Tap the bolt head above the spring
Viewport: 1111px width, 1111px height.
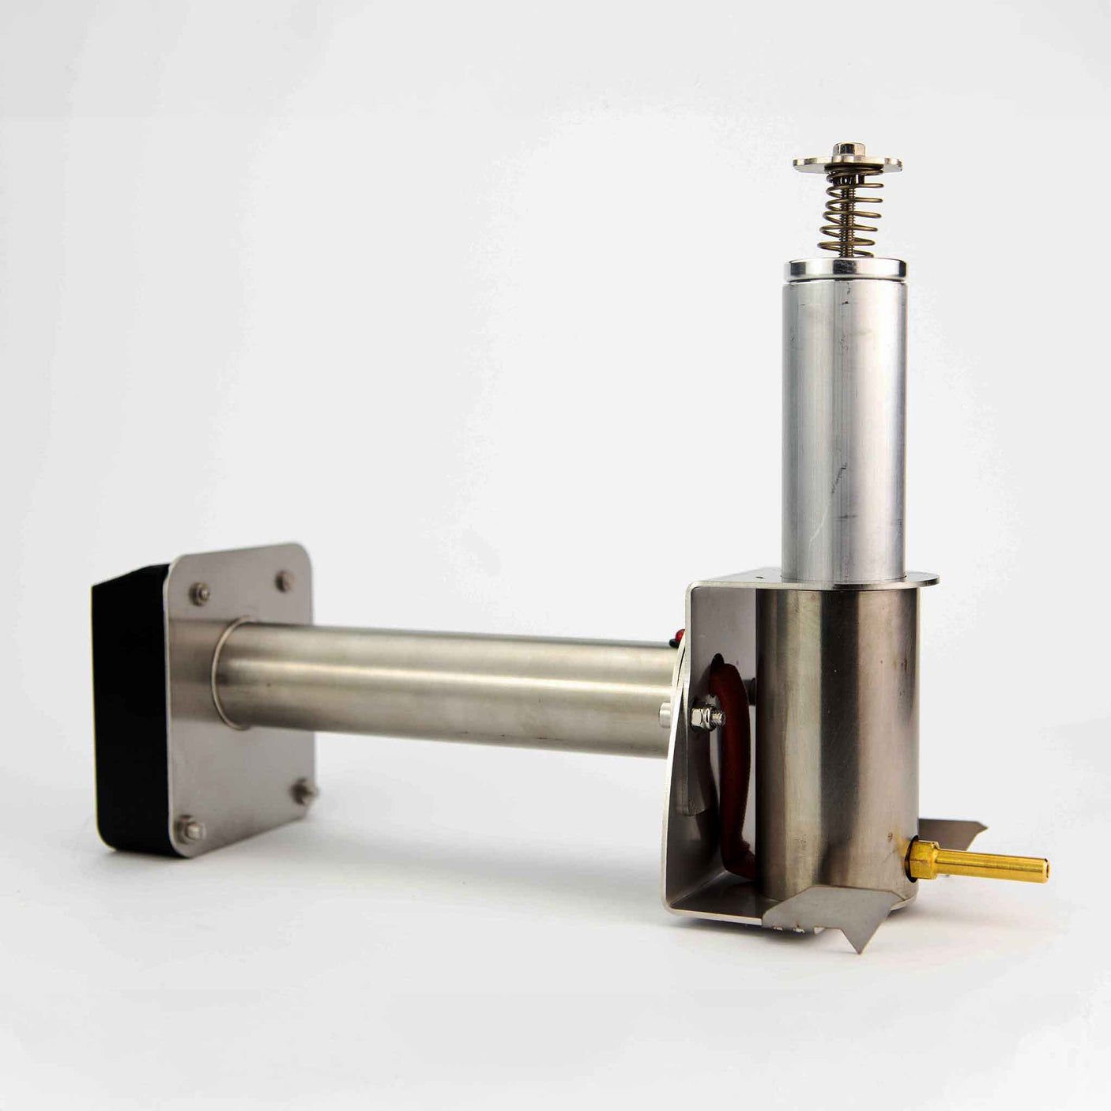pyautogui.click(x=848, y=148)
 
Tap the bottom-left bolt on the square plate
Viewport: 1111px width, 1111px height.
pyautogui.click(x=190, y=830)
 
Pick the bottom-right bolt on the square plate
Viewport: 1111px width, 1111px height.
pyautogui.click(x=303, y=790)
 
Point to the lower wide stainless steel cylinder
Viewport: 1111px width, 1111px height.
pyautogui.click(x=838, y=735)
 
